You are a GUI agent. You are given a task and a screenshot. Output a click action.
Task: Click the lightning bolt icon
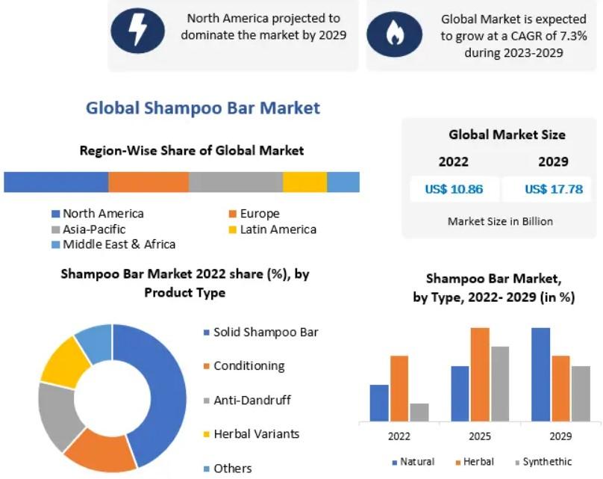(137, 31)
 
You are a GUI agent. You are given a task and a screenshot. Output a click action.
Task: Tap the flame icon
(394, 34)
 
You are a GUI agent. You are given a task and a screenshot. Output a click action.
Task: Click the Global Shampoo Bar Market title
(203, 108)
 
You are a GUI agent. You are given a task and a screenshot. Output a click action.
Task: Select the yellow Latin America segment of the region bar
(304, 182)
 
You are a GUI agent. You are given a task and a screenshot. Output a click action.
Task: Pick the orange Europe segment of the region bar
(149, 182)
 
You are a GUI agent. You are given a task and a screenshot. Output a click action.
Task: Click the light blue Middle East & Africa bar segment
(343, 182)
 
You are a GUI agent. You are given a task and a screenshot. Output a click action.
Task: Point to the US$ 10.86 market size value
(454, 189)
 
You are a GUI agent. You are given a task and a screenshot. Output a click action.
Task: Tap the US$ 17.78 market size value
(554, 189)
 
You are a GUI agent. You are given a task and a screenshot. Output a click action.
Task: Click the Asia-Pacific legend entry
(89, 229)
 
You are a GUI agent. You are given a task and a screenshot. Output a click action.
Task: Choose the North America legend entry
(98, 213)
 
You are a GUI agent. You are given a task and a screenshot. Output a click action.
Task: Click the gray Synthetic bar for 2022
(419, 412)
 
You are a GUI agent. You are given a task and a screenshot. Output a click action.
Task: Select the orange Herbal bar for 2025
(480, 374)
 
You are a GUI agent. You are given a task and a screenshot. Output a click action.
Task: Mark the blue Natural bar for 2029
(541, 374)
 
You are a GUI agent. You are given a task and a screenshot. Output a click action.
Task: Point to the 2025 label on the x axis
(480, 436)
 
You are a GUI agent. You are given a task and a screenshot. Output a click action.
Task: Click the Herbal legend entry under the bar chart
(475, 462)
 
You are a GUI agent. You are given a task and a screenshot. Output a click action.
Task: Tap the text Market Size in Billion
(500, 221)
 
